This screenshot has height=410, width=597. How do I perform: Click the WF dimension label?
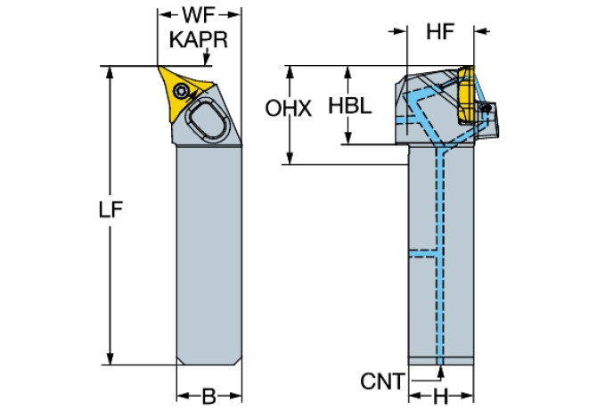pos(200,15)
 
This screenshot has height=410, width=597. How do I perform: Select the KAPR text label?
pos(200,40)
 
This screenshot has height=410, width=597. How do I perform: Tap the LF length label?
pos(110,210)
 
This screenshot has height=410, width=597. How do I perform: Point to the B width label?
pos(209,394)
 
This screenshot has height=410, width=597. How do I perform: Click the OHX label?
pos(289,110)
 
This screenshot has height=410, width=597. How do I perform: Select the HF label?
pos(440,32)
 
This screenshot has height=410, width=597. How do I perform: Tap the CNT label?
pos(381,381)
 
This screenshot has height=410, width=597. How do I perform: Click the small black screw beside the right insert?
pos(487,106)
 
